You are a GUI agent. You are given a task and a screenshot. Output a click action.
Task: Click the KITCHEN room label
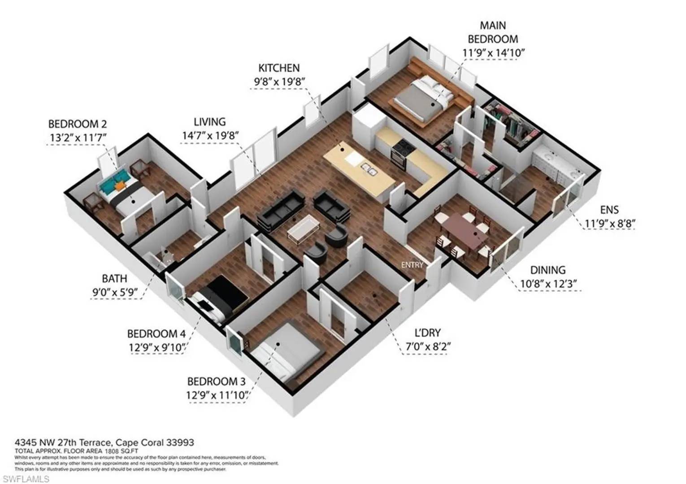pyautogui.click(x=278, y=68)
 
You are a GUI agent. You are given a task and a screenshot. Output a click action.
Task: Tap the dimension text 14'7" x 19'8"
pyautogui.click(x=209, y=135)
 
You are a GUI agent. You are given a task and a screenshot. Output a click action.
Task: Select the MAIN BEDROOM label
pyautogui.click(x=493, y=32)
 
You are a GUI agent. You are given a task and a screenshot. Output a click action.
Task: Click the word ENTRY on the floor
pyautogui.click(x=412, y=265)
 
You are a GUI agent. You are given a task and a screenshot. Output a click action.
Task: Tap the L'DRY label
pyautogui.click(x=427, y=333)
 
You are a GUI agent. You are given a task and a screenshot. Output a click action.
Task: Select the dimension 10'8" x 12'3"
pyautogui.click(x=548, y=284)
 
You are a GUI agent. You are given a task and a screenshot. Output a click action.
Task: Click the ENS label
pyautogui.click(x=609, y=210)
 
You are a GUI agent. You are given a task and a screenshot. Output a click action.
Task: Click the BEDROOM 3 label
pyautogui.click(x=216, y=382)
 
